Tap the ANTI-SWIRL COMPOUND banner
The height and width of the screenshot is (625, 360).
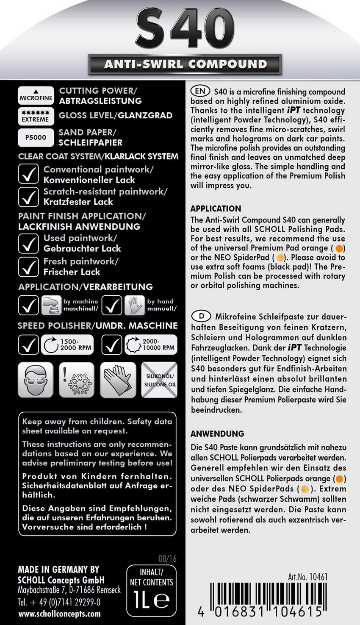point(185,64)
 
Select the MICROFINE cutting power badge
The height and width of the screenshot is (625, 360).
point(36,95)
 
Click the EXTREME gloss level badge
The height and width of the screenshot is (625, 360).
point(36,116)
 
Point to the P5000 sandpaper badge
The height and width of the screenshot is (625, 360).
point(36,137)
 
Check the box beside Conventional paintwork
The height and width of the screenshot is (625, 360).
point(28,174)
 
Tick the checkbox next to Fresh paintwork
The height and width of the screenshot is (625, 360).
point(28,266)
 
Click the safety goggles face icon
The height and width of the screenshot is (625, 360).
point(36,379)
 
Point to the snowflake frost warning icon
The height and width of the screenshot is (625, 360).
point(76,379)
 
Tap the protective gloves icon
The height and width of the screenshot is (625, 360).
point(117,379)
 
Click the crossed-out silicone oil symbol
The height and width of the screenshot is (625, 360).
point(159,380)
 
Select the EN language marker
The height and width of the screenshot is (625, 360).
point(200,91)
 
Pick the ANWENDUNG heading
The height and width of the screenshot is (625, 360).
point(217,433)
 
